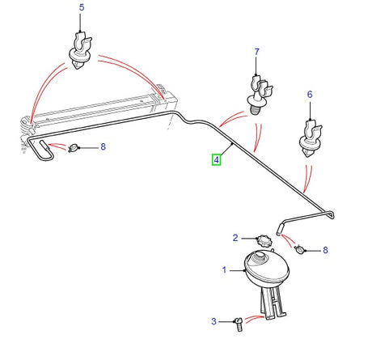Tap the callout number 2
(x=236, y=238)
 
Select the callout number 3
(x=214, y=321)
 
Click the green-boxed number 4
(x=216, y=159)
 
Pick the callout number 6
(x=309, y=94)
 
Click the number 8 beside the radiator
(x=103, y=147)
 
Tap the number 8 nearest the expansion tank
(x=326, y=250)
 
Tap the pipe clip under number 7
(x=256, y=90)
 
